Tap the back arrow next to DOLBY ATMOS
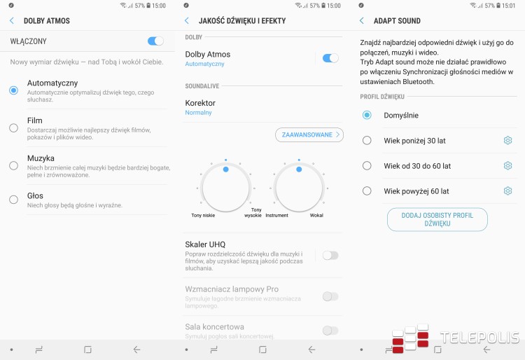click(x=12, y=21)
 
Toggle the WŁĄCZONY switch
click(x=155, y=41)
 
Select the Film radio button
click(x=14, y=128)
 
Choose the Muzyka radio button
click(x=14, y=165)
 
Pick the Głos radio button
click(x=14, y=200)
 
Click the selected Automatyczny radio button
click(x=14, y=90)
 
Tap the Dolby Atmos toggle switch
click(x=330, y=58)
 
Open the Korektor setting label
click(x=200, y=103)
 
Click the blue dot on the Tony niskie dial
click(x=225, y=169)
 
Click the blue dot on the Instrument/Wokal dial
click(x=299, y=169)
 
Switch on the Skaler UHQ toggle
click(x=330, y=256)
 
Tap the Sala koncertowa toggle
click(x=330, y=331)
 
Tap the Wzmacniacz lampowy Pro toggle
click(x=330, y=296)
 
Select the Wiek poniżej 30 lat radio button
click(x=367, y=140)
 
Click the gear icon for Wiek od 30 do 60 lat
click(x=508, y=165)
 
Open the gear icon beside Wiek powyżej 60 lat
click(x=508, y=191)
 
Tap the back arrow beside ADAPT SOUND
click(x=362, y=21)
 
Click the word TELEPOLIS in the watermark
click(x=479, y=338)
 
